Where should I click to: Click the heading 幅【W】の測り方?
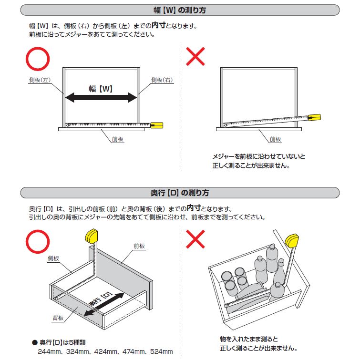click(x=180, y=10)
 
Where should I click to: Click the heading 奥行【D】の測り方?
click(x=180, y=193)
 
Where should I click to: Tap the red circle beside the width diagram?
click(x=37, y=59)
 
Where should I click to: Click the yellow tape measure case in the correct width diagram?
click(x=157, y=125)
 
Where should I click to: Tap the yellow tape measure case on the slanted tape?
click(x=315, y=117)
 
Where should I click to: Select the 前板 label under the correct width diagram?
click(x=118, y=139)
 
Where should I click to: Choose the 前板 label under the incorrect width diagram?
click(x=275, y=139)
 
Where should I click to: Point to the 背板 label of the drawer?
click(x=58, y=317)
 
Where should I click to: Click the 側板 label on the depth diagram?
click(x=53, y=258)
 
